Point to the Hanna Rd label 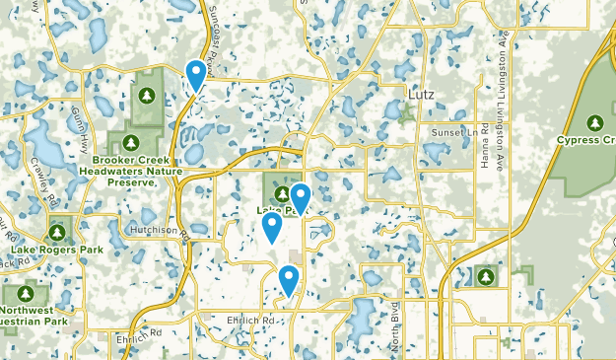[486, 144]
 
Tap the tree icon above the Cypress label [594, 122]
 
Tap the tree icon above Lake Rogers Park [57, 233]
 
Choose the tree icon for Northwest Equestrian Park [24, 293]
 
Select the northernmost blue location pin [197, 74]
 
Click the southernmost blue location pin [289, 279]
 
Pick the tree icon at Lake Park [282, 192]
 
